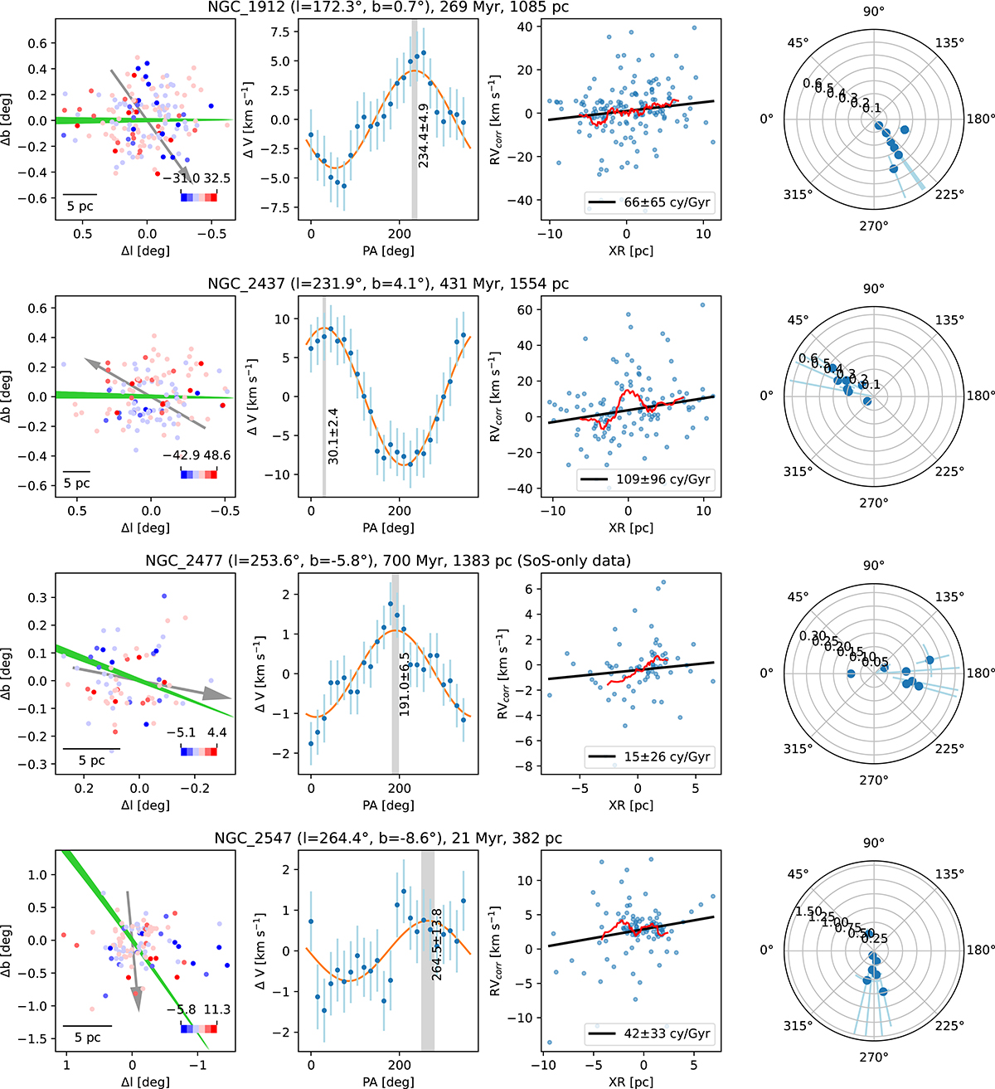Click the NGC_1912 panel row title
coord(388,7)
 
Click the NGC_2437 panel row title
coord(388,284)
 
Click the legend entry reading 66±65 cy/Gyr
coord(649,202)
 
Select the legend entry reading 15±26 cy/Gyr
coord(649,756)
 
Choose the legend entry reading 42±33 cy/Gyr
coord(649,1033)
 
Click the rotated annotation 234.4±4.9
coord(425,135)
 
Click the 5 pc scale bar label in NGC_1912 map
coord(80,206)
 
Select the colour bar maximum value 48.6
coord(216,455)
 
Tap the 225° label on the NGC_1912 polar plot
coord(949,194)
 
